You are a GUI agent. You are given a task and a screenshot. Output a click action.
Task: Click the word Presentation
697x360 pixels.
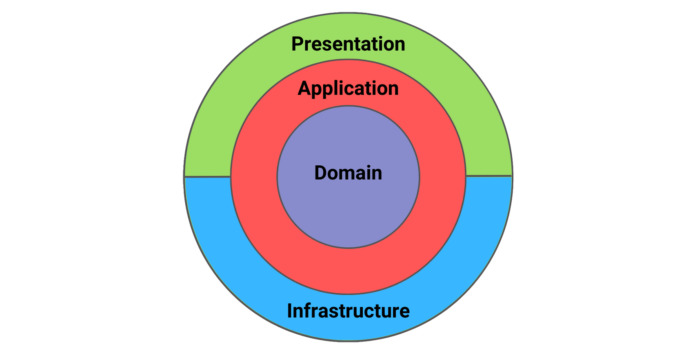click(348, 44)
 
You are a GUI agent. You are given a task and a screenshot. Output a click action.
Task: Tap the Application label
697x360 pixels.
click(348, 89)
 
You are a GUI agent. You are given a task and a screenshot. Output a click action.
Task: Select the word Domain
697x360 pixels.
click(348, 173)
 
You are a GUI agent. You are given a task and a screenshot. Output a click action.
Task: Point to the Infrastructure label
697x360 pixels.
click(348, 311)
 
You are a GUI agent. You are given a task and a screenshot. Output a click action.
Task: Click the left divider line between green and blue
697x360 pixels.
click(208, 177)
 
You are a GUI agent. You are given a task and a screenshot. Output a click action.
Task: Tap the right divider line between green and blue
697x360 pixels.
click(488, 176)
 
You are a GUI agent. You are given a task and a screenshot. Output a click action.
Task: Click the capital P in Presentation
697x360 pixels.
click(297, 44)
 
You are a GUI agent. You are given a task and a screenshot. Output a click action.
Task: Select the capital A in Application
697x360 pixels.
click(304, 89)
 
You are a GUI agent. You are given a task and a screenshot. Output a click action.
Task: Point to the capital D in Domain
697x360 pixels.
click(320, 173)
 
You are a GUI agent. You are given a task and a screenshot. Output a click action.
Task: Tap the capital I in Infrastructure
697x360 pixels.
click(290, 311)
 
